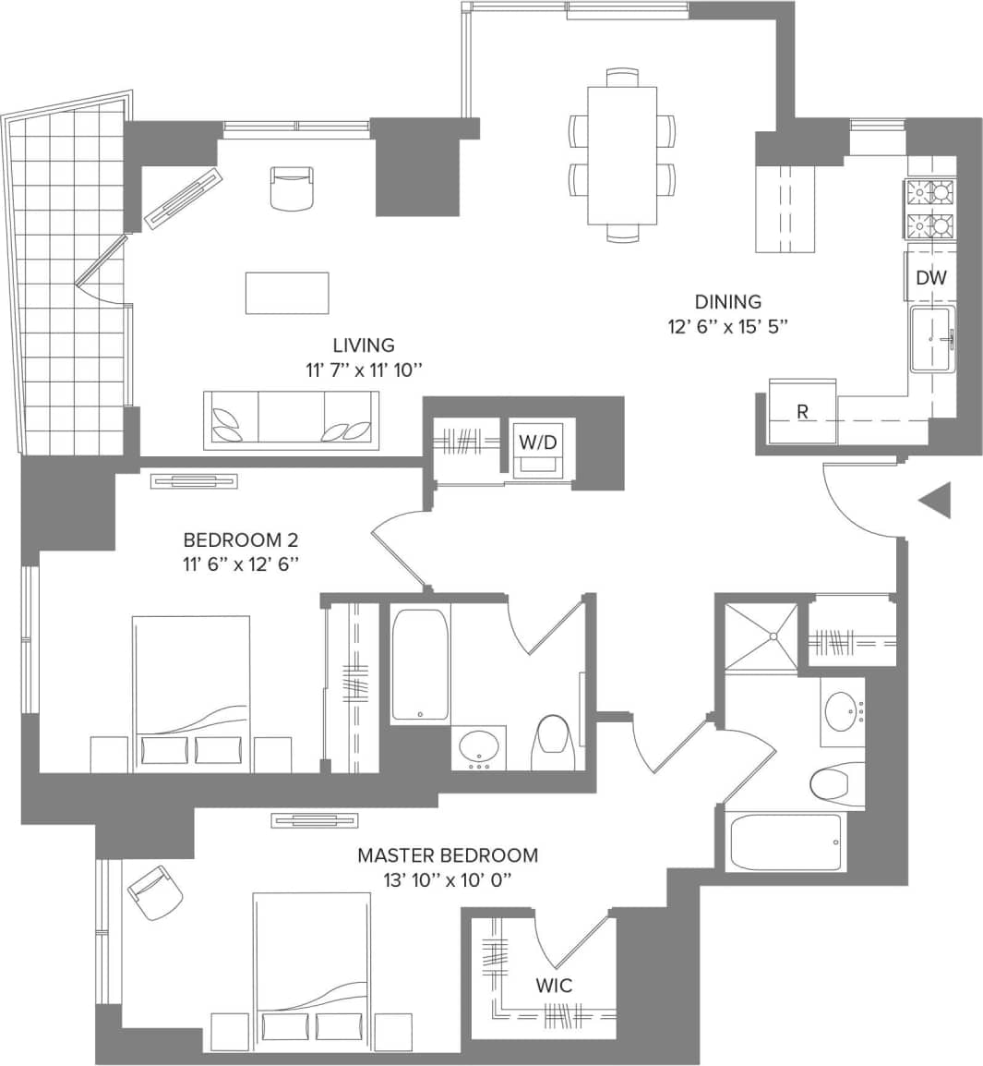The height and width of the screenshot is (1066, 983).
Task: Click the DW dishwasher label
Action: [x=930, y=277]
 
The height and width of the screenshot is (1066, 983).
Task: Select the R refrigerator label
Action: [x=802, y=412]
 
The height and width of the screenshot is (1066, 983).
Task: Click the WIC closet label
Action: [x=554, y=986]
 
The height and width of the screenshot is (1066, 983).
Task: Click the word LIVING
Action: [x=364, y=345]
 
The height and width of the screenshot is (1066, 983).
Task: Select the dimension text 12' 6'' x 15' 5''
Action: [x=729, y=326]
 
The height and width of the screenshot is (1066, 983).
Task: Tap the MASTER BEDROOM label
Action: [x=448, y=855]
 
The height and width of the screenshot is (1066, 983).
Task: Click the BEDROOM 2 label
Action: [x=241, y=539]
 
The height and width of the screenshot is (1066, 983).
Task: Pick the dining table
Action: [x=623, y=155]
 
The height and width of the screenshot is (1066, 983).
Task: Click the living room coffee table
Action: [x=287, y=293]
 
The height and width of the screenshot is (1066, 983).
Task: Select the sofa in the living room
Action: [x=292, y=420]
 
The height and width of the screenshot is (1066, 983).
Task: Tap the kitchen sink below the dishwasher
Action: [x=933, y=340]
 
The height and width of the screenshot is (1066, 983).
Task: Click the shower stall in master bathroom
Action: [x=760, y=635]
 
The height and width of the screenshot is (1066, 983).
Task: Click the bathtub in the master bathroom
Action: [x=785, y=842]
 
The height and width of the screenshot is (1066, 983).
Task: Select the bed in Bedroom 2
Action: [x=191, y=693]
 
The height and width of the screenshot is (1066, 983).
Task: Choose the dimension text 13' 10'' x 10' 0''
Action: [x=448, y=880]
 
